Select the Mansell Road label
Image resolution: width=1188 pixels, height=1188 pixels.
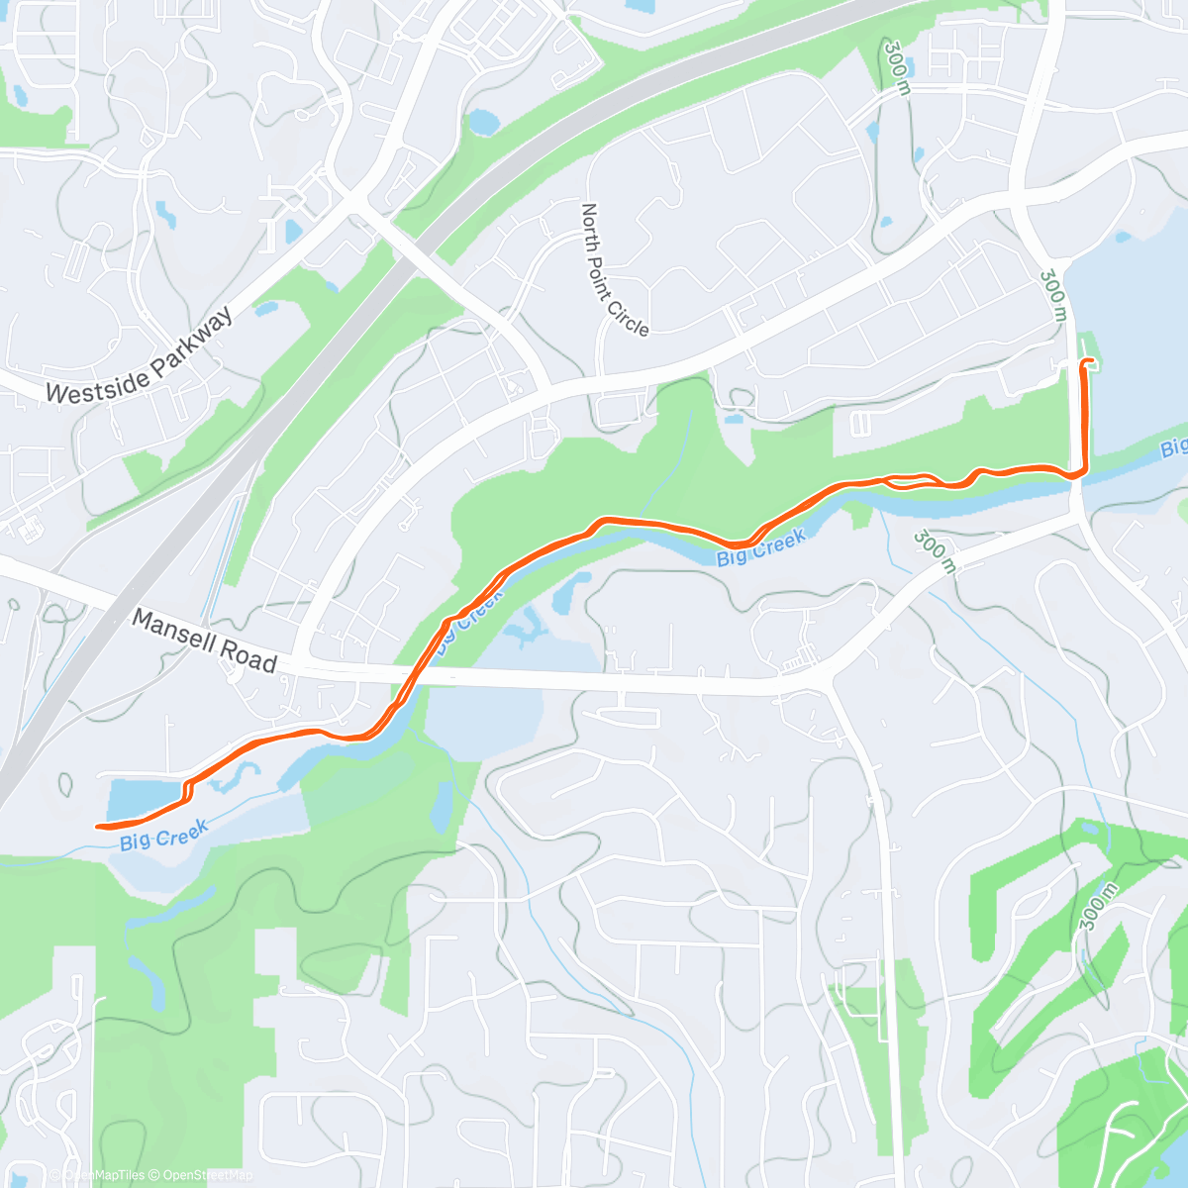pos(204,642)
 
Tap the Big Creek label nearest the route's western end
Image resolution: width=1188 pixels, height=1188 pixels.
pos(164,836)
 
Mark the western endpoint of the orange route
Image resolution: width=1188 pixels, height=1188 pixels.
pos(98,826)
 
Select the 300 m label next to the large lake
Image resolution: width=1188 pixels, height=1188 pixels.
pos(1054,295)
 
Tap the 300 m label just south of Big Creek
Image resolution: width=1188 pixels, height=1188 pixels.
pos(935,550)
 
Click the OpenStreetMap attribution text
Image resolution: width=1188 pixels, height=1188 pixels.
pos(207,1175)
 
